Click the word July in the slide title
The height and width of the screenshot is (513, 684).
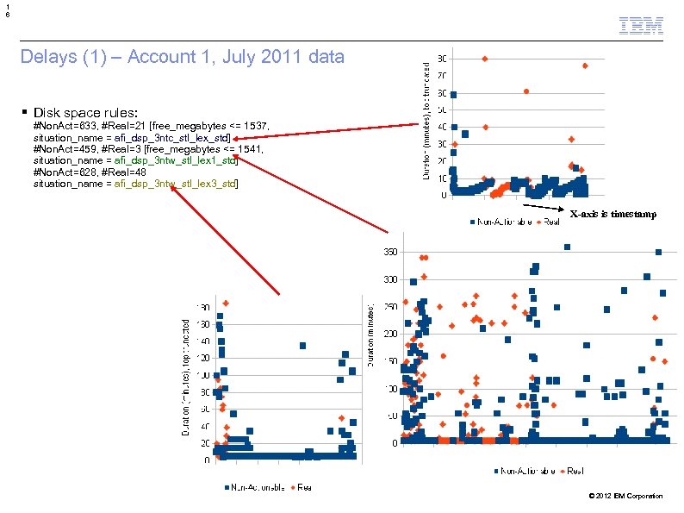click(x=233, y=59)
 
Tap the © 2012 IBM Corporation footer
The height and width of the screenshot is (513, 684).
click(x=625, y=496)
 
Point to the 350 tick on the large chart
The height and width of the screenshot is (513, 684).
click(x=389, y=252)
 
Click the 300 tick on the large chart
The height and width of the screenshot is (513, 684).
click(x=389, y=279)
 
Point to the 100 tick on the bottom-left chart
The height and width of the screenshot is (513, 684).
click(x=204, y=375)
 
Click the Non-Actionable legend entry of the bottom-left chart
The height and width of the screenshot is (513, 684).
click(x=256, y=487)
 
